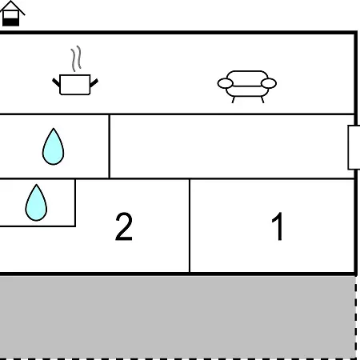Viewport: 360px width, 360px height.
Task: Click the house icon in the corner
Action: (x=11, y=14)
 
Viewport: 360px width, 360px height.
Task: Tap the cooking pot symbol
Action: (x=75, y=85)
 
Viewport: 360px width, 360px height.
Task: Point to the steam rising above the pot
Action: (x=76, y=58)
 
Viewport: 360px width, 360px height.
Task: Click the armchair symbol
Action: (x=247, y=86)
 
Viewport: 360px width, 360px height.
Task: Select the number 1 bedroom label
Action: (x=278, y=226)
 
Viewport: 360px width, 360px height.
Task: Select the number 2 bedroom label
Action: (x=124, y=226)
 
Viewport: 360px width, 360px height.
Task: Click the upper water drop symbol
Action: (x=53, y=146)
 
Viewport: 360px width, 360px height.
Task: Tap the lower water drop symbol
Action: (x=36, y=202)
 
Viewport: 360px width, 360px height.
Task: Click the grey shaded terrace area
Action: (x=178, y=318)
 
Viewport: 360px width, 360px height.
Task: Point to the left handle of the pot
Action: (x=56, y=82)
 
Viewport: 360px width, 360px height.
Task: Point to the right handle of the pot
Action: (x=94, y=83)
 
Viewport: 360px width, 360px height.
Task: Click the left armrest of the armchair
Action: (x=226, y=83)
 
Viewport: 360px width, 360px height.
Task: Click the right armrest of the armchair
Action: (x=269, y=83)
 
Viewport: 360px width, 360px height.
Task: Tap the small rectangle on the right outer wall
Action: (x=354, y=147)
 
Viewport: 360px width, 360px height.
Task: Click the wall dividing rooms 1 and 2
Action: (x=190, y=226)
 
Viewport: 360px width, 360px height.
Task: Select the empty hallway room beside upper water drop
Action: (x=232, y=146)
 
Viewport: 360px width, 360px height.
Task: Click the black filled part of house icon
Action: (x=11, y=22)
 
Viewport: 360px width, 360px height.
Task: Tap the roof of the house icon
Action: (x=12, y=6)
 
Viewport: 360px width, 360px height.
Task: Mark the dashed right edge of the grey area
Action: (x=356, y=318)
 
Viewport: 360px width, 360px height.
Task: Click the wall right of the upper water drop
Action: (x=110, y=146)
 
